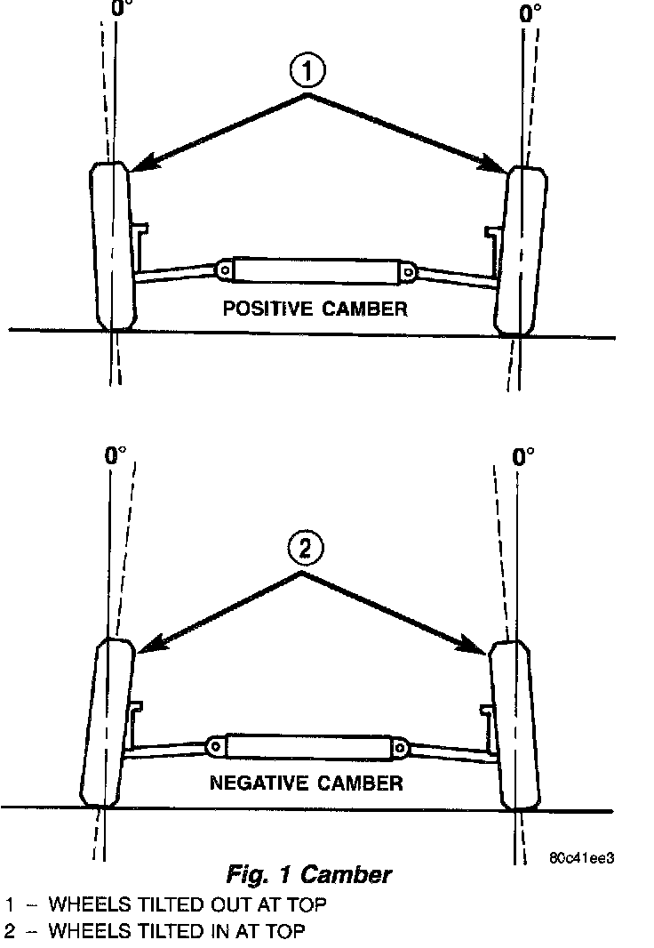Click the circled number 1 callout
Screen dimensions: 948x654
click(x=307, y=72)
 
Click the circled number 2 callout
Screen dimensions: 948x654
click(x=304, y=549)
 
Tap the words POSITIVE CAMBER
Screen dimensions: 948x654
click(x=315, y=309)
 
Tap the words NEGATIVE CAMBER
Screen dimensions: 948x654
click(x=306, y=783)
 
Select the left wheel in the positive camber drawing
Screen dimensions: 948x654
click(x=112, y=246)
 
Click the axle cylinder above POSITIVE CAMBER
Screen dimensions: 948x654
click(x=316, y=270)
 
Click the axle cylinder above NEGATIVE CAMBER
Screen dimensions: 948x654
click(x=307, y=745)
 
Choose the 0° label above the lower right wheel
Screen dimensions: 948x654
click(x=524, y=457)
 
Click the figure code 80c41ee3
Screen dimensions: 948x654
click(x=583, y=858)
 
